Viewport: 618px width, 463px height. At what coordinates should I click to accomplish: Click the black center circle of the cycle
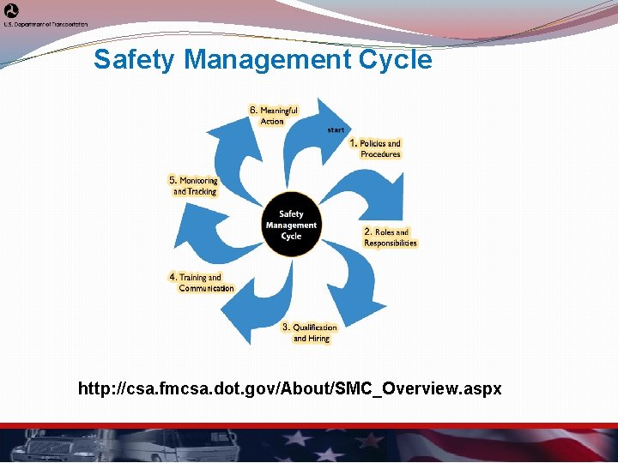click(291, 225)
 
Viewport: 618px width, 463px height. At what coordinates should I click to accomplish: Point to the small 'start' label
click(336, 129)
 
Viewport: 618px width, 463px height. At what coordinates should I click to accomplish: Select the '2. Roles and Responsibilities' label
click(391, 238)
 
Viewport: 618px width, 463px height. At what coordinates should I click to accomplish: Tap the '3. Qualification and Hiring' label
click(311, 333)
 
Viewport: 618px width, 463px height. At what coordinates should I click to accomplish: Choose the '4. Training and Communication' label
click(202, 283)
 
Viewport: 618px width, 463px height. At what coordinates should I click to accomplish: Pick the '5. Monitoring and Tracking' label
click(194, 186)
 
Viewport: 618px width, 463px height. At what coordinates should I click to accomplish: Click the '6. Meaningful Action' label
click(274, 116)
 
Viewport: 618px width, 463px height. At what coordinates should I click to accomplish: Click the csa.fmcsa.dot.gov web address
click(289, 389)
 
